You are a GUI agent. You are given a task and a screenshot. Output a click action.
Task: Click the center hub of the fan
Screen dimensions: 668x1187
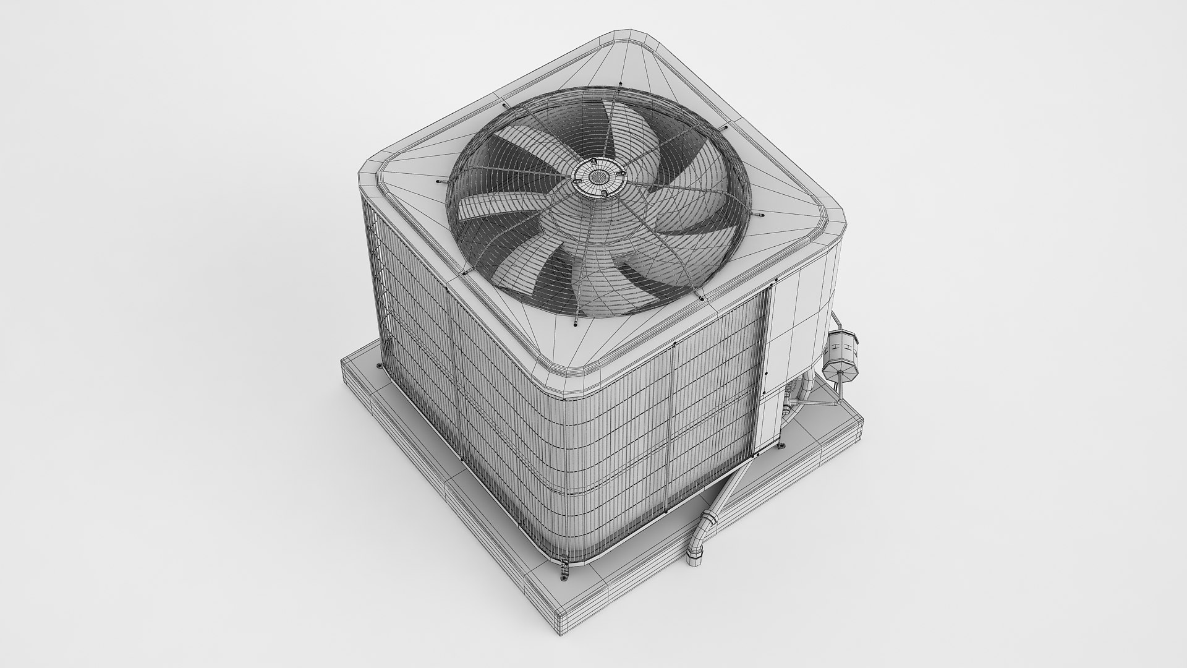(597, 177)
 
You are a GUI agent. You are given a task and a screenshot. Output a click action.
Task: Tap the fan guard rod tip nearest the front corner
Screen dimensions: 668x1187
(573, 321)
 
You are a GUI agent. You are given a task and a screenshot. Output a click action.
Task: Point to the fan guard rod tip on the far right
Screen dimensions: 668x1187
(760, 215)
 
